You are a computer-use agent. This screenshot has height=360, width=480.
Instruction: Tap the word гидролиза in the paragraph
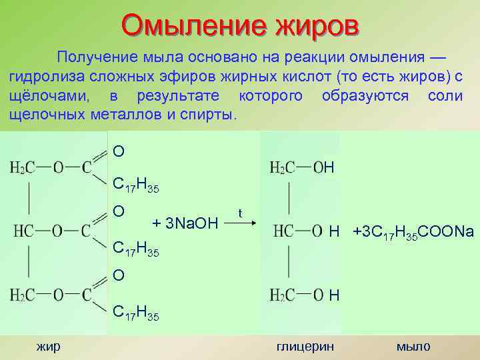(41, 75)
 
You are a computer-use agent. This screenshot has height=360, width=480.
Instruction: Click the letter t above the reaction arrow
(240, 213)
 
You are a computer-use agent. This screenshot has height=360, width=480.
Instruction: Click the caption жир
(48, 345)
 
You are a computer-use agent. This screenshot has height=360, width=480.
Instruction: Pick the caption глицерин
(305, 346)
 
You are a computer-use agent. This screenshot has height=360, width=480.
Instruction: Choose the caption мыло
(413, 346)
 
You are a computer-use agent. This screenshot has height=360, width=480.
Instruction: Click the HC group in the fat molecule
(23, 231)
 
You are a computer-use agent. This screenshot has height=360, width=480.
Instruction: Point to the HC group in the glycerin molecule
(283, 231)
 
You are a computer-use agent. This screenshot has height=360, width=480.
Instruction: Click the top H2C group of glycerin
(282, 167)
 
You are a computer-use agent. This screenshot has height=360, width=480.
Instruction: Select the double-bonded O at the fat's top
(118, 151)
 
